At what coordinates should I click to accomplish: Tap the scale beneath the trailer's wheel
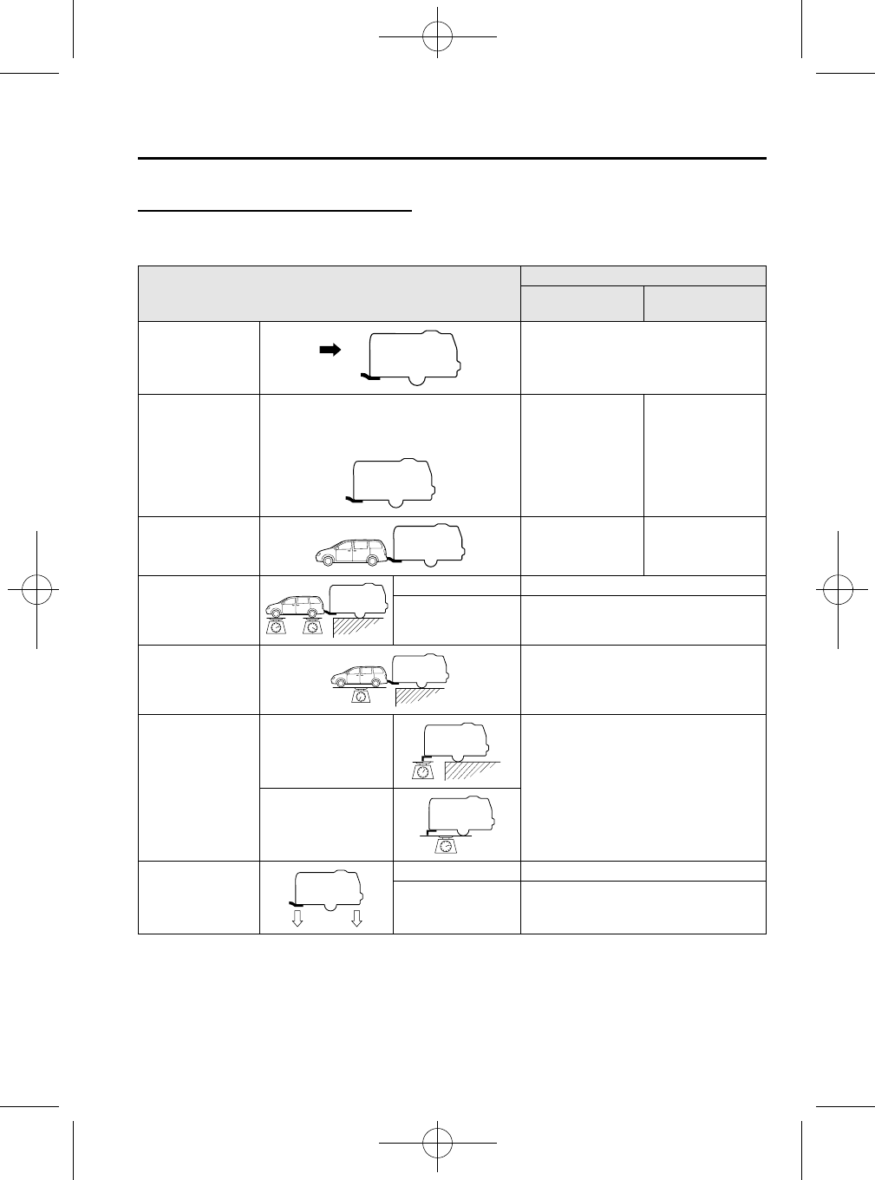445,844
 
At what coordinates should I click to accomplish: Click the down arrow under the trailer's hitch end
297,919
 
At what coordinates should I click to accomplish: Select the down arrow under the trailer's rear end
356,919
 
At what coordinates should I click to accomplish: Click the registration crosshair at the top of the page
437,37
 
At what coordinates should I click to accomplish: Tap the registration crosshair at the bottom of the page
437,1142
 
